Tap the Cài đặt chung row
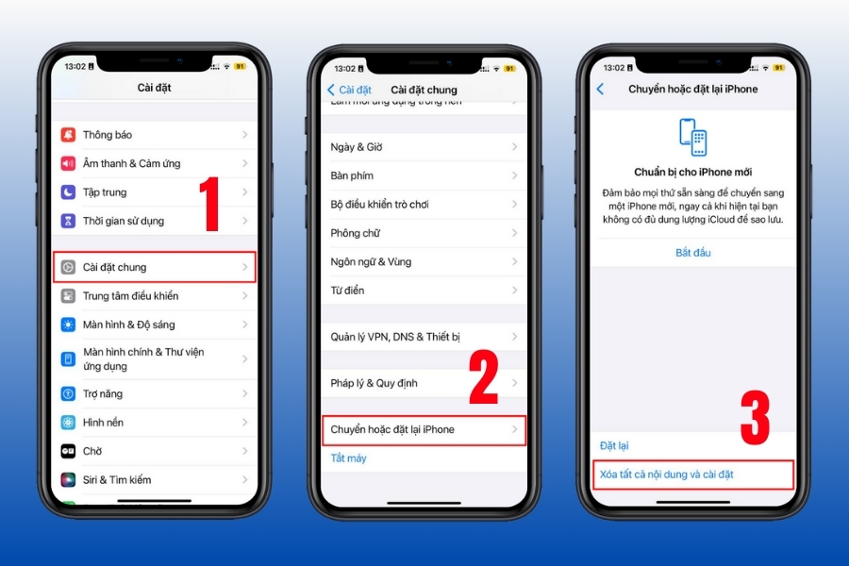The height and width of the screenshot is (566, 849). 155,267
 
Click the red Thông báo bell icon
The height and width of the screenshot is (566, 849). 68,134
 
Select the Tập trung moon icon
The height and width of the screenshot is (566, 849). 68,191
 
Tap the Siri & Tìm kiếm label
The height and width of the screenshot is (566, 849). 117,480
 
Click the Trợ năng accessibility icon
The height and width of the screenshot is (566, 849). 68,393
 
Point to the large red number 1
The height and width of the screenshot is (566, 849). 210,204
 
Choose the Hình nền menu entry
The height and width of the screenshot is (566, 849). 155,423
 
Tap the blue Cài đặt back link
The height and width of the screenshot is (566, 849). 349,90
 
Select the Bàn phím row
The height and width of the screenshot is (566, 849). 424,175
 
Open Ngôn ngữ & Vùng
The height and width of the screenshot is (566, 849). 424,261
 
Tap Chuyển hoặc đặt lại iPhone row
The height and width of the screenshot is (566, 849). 424,430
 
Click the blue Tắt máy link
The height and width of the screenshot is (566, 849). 349,458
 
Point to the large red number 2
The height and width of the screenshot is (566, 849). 484,377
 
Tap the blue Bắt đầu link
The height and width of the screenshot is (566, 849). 693,253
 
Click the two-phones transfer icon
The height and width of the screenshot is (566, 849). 693,137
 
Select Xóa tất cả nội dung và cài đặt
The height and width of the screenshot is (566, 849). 667,474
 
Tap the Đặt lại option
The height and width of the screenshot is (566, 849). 614,446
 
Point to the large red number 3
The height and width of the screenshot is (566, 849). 755,418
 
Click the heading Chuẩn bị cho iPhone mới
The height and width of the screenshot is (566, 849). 693,173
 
